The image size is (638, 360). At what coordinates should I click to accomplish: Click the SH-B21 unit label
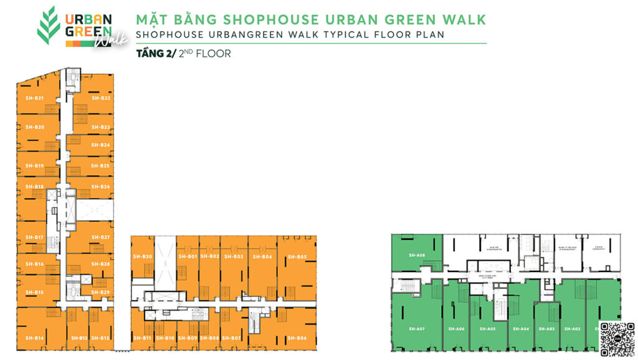[x=35, y=98]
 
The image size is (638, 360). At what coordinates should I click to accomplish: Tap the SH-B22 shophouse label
[x=101, y=98]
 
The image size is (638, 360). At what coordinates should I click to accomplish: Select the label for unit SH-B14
[x=35, y=338]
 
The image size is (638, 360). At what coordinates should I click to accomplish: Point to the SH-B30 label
[x=143, y=257]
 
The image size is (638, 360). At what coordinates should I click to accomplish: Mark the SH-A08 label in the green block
[x=417, y=255]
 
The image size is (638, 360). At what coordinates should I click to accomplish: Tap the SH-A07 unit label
[x=417, y=329]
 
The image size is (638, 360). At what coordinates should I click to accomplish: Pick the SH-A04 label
[x=521, y=329]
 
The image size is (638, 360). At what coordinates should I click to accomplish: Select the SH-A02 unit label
[x=573, y=329]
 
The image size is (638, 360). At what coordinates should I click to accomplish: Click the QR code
[x=617, y=339]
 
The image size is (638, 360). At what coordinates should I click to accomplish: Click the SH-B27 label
[x=101, y=237]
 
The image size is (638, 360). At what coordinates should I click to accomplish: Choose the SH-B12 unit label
[x=101, y=338]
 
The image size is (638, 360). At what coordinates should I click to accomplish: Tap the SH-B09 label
[x=188, y=338]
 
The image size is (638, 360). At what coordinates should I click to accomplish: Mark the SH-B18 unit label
[x=35, y=187]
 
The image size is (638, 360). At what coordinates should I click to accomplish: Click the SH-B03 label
[x=234, y=257]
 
